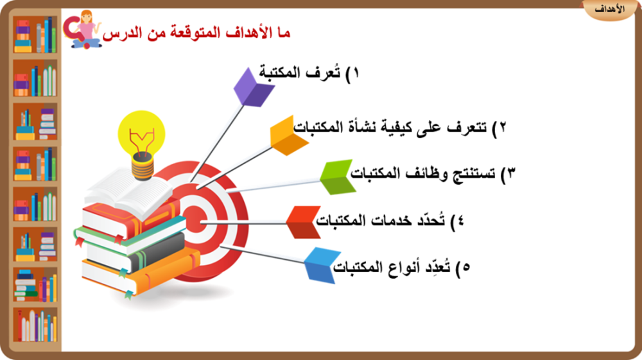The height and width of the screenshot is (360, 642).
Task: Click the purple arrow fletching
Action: click(x=252, y=89)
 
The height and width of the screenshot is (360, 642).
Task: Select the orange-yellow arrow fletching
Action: click(x=288, y=136)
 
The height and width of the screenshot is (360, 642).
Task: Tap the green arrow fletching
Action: click(x=337, y=176)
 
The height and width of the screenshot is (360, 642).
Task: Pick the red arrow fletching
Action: click(x=304, y=222)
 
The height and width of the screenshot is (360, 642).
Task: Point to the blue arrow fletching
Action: click(x=323, y=266)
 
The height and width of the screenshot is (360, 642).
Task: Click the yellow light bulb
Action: click(x=142, y=141)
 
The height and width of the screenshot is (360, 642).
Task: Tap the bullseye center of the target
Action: click(x=195, y=222)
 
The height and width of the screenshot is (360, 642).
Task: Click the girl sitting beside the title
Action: click(x=86, y=30)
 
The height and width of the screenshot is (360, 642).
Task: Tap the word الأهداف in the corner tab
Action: click(x=610, y=9)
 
